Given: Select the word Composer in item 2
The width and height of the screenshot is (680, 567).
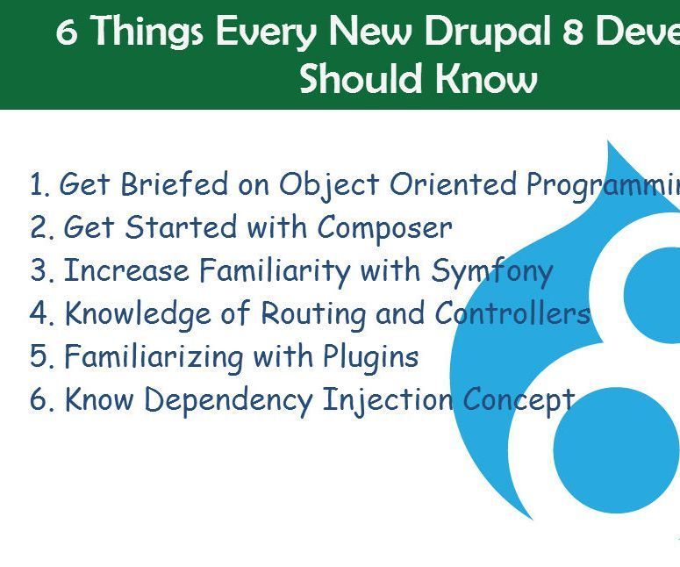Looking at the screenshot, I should [384, 228].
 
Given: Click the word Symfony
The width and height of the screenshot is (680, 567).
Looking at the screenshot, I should [491, 272].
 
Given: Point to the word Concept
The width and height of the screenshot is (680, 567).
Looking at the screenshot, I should [519, 400].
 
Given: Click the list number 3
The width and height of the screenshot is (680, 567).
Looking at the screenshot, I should [40, 272].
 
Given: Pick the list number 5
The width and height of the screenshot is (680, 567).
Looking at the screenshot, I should [40, 357].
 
